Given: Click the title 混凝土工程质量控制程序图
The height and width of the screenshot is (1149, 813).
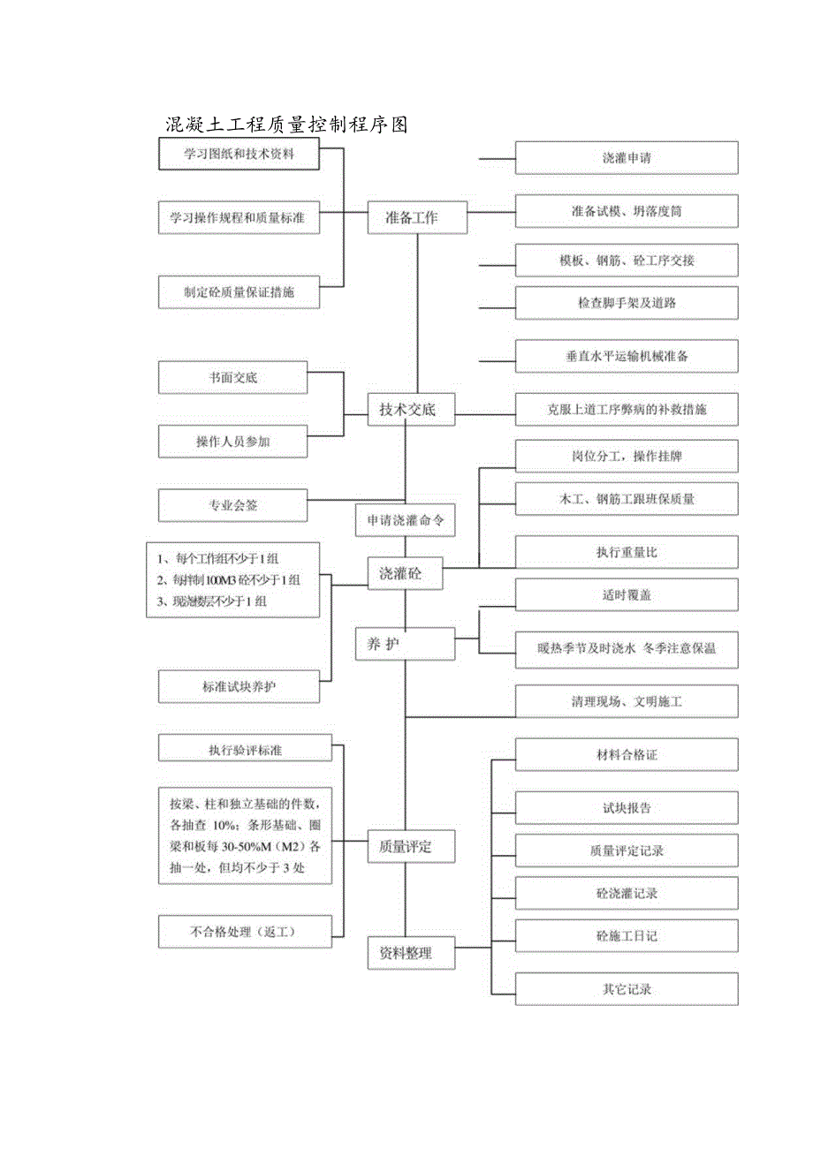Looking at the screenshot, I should [x=286, y=125].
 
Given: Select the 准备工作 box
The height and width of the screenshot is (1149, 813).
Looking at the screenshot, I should [x=417, y=217].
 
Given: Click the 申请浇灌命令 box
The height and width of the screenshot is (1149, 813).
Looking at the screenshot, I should [x=406, y=521].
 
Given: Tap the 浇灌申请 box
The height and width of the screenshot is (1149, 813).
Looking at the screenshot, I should [x=627, y=159].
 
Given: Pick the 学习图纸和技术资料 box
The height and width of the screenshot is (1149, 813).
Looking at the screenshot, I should [x=239, y=155].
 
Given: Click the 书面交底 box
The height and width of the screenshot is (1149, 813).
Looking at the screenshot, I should [x=233, y=377].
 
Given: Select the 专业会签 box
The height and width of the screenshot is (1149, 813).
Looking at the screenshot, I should [x=233, y=506].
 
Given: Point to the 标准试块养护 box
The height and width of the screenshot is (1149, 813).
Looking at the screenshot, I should [x=239, y=686].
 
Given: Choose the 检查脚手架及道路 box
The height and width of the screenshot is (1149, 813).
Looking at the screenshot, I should [x=627, y=303].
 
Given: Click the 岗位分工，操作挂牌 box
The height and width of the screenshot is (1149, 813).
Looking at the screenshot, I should [x=627, y=457].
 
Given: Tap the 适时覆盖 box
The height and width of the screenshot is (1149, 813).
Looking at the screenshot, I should [x=627, y=595].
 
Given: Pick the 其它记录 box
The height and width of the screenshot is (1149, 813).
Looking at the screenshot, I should [x=627, y=989].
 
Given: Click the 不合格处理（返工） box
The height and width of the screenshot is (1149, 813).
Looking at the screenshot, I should [x=246, y=932].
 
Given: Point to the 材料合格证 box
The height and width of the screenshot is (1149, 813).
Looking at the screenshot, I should [x=627, y=755].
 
